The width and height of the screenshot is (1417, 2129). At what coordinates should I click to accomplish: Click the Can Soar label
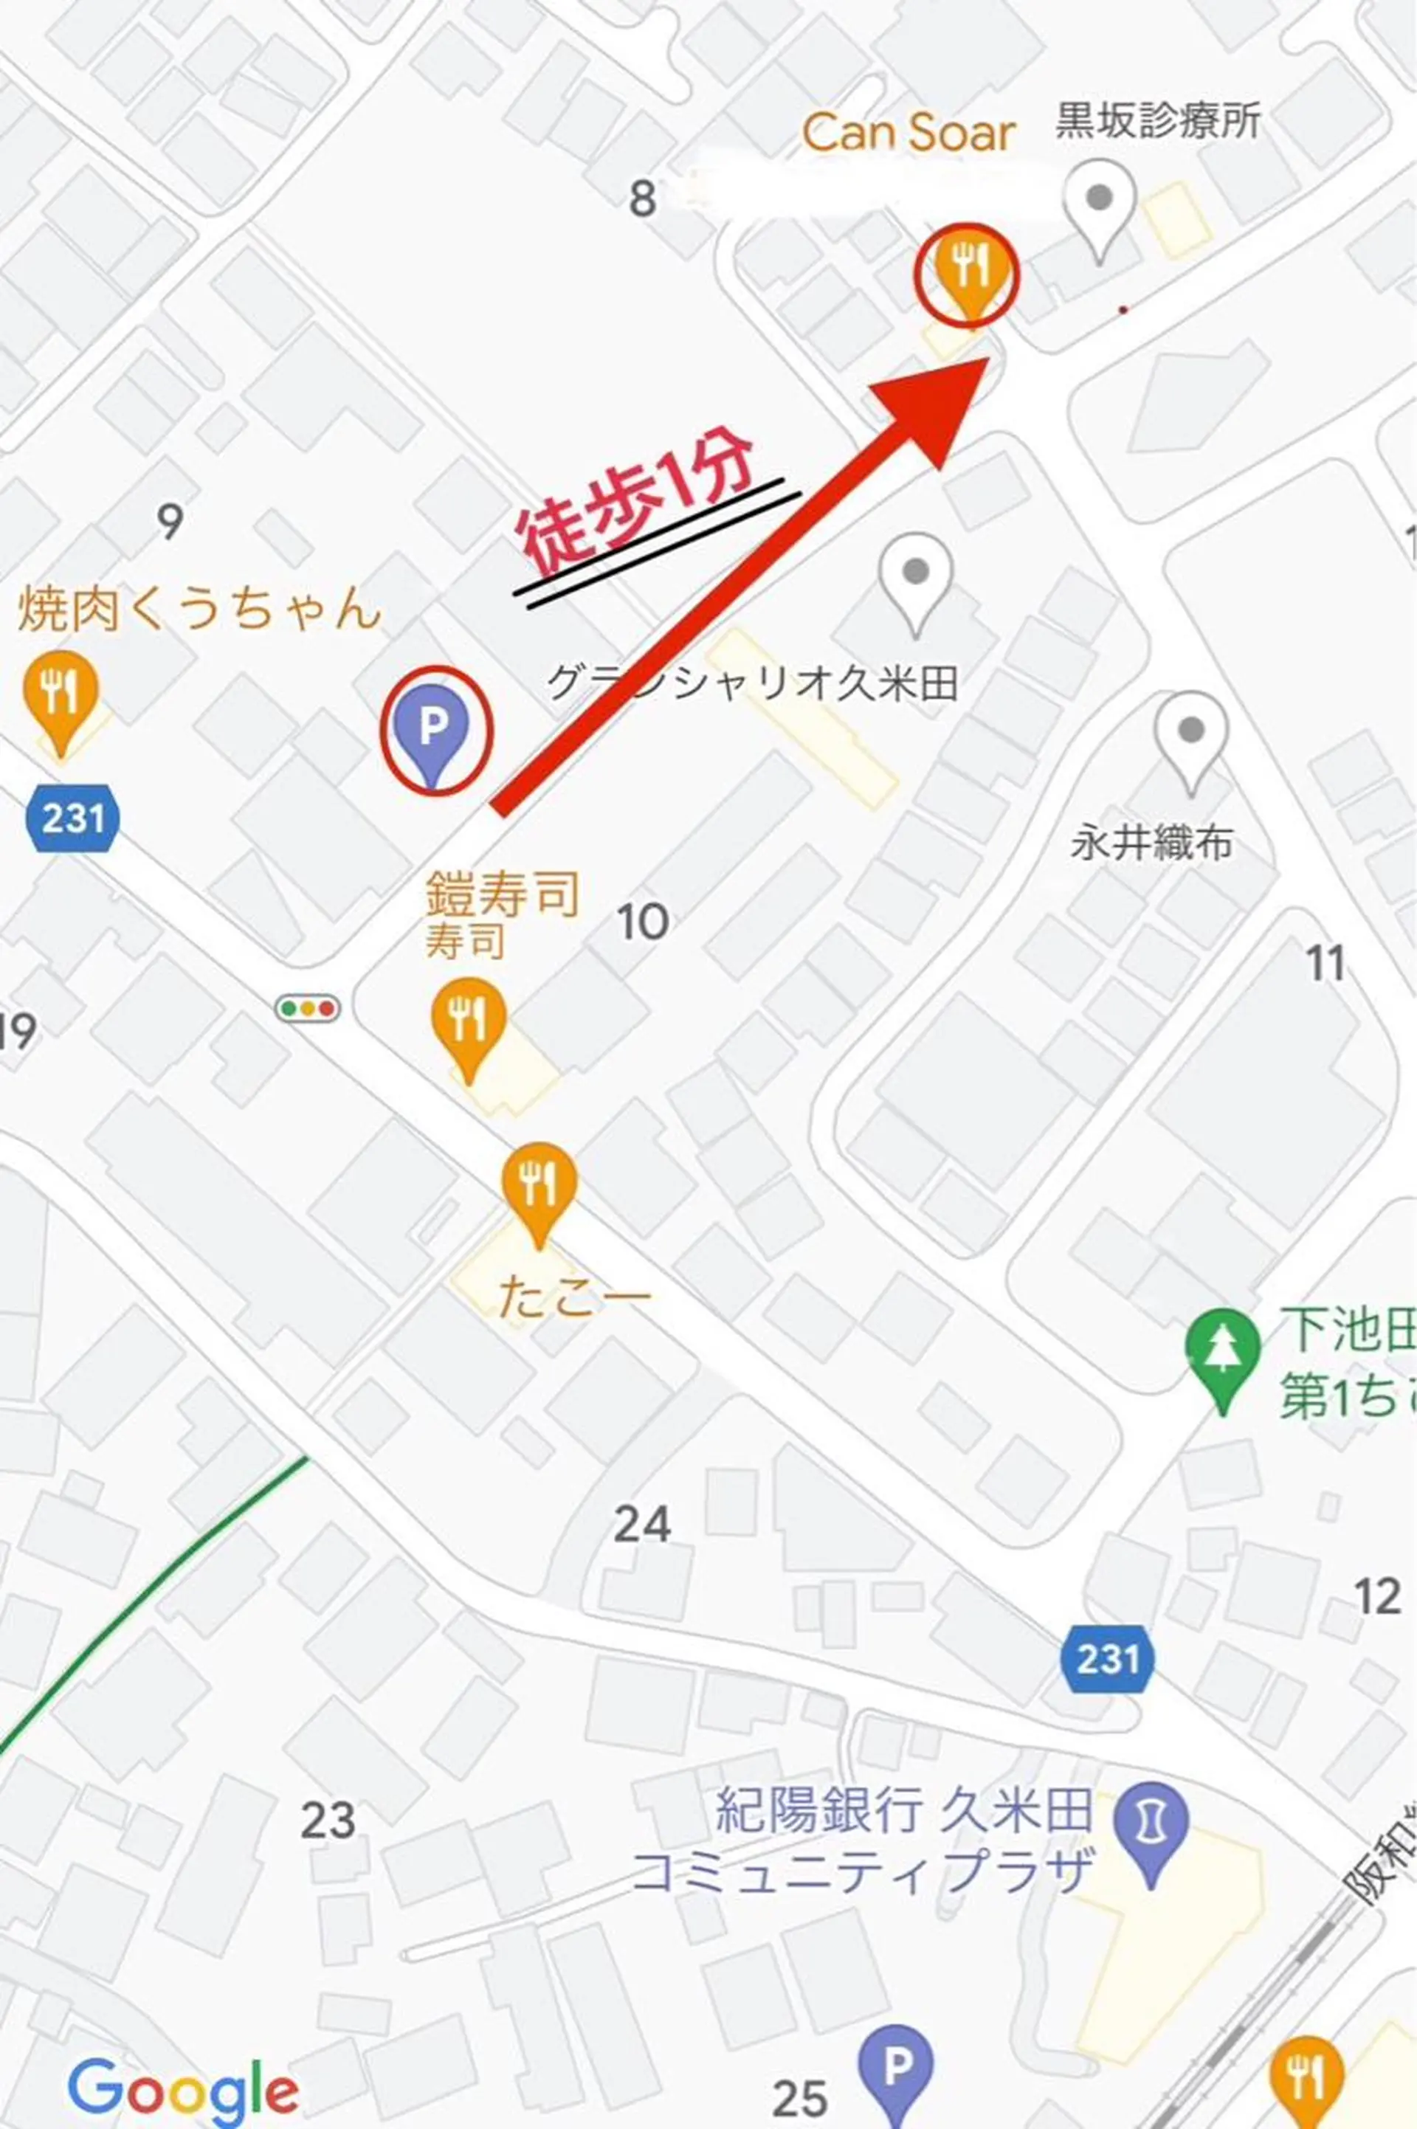(x=909, y=134)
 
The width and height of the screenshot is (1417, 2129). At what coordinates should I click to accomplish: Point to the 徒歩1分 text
(x=636, y=507)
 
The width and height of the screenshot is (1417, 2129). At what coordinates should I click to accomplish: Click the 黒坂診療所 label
(x=1158, y=121)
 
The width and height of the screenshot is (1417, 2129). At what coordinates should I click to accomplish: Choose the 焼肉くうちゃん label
(x=199, y=608)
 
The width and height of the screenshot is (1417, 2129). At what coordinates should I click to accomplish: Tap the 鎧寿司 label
(x=502, y=894)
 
